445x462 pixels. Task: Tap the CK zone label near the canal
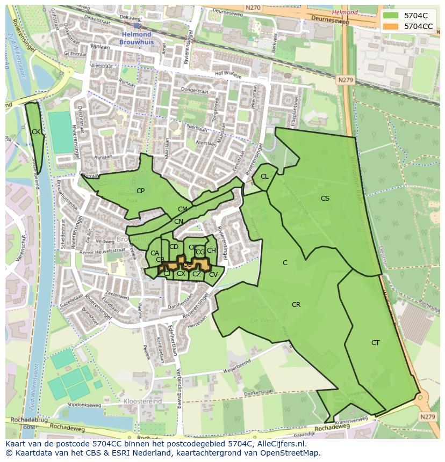pyautogui.click(x=35, y=132)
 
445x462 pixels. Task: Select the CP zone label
pyautogui.click(x=140, y=191)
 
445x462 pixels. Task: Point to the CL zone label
pyautogui.click(x=264, y=177)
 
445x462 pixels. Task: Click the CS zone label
pyautogui.click(x=325, y=199)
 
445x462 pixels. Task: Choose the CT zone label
pyautogui.click(x=375, y=343)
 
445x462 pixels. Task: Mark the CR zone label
pyautogui.click(x=296, y=305)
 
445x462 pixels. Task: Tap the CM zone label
pyautogui.click(x=183, y=209)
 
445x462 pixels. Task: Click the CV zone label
pyautogui.click(x=213, y=275)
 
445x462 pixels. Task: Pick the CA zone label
pyautogui.click(x=154, y=253)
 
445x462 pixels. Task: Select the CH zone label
pyautogui.click(x=211, y=251)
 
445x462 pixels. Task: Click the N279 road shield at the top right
pyautogui.click(x=346, y=80)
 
